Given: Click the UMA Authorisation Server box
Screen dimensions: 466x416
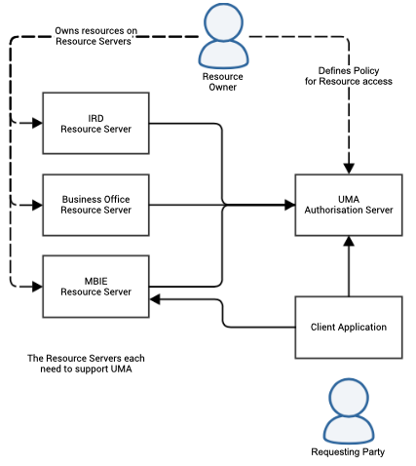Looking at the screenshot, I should coord(348,205).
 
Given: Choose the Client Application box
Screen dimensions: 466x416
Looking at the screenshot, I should coord(348,327).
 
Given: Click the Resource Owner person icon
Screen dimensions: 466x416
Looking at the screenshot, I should coord(222,39).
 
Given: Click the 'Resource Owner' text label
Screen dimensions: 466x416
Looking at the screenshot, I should coord(222,82).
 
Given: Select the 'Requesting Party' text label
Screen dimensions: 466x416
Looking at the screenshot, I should coord(348,452).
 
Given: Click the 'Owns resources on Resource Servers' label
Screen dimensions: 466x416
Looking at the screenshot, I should coord(95,37).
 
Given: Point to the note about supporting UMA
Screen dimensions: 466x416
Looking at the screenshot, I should coord(93,365).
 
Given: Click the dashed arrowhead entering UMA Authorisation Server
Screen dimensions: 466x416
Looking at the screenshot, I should coord(348,167).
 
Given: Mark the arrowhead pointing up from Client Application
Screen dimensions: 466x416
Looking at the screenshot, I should coord(348,244).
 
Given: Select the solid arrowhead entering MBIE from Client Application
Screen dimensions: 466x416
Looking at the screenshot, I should coord(156,301).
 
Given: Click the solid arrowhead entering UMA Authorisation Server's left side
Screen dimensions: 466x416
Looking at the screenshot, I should coord(289,205).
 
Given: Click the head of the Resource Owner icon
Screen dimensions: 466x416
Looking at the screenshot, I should coord(222,23).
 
